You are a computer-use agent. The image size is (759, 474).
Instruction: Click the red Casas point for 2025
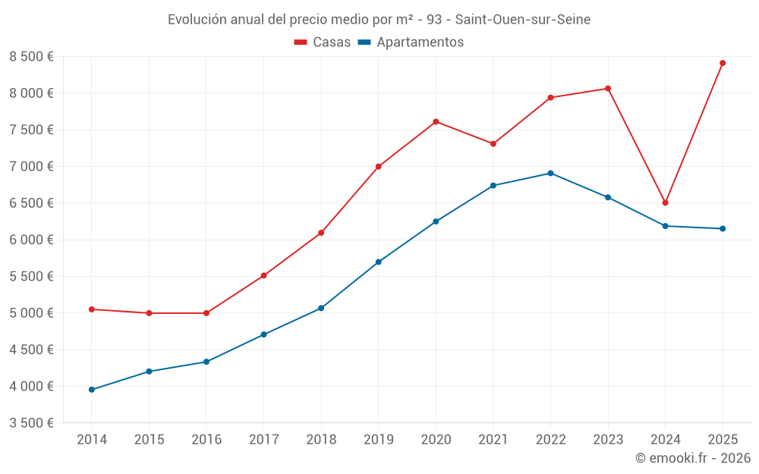click(x=723, y=63)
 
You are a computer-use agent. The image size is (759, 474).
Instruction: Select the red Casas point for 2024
click(x=665, y=202)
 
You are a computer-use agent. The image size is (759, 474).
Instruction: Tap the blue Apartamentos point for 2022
click(x=550, y=173)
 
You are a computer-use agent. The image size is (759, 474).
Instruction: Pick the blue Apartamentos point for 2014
click(x=92, y=390)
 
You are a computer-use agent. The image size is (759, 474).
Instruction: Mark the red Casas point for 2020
click(x=436, y=121)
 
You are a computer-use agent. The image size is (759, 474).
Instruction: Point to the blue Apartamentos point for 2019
click(x=378, y=262)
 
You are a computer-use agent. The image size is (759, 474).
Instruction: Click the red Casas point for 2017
click(x=263, y=275)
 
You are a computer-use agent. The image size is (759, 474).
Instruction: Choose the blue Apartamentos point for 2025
click(x=723, y=228)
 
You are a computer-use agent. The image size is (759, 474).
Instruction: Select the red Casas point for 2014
click(x=92, y=309)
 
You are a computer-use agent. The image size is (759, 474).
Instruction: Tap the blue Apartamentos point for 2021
click(x=493, y=185)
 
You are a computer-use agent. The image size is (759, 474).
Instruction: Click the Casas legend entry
click(x=323, y=42)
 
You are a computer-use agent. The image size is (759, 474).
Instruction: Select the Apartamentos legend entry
click(x=411, y=42)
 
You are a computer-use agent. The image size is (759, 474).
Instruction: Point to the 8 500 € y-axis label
click(x=31, y=56)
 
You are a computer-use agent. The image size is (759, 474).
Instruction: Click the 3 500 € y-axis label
click(x=31, y=423)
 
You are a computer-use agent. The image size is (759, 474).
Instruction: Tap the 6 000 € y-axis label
click(x=31, y=240)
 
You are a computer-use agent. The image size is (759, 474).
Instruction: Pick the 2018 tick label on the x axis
click(x=321, y=440)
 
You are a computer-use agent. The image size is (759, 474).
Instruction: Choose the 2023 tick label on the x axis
click(x=608, y=440)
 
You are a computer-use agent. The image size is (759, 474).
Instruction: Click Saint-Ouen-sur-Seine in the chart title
click(x=523, y=20)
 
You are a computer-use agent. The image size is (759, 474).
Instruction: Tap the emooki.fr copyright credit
click(x=693, y=458)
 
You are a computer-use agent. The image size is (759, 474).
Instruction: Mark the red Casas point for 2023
click(x=608, y=89)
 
